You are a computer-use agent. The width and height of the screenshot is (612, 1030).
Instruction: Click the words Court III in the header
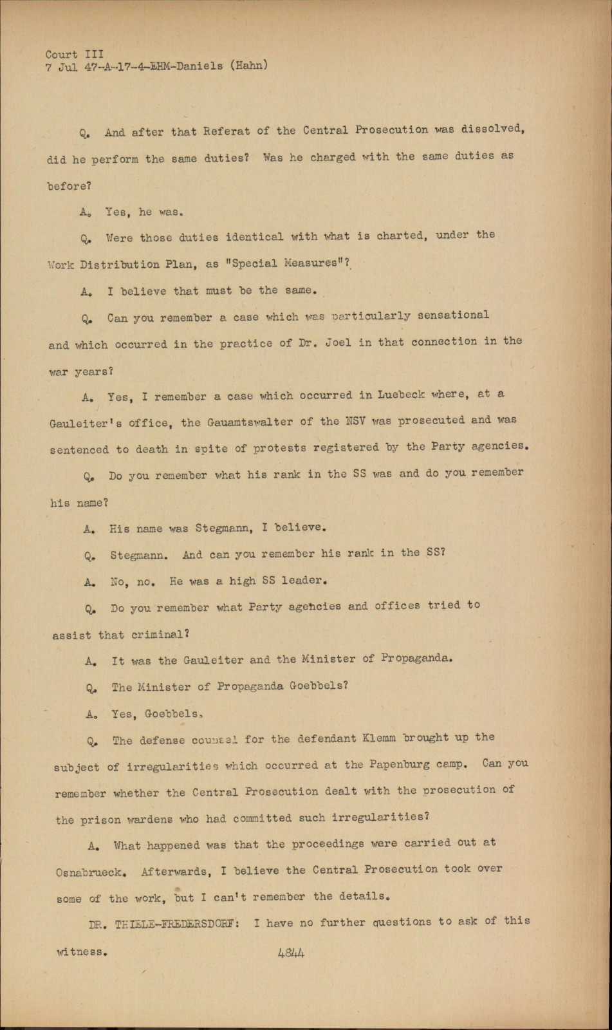74,55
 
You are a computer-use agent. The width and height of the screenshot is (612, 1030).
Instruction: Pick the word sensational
453,315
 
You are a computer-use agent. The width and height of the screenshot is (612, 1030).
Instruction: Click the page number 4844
291,952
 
